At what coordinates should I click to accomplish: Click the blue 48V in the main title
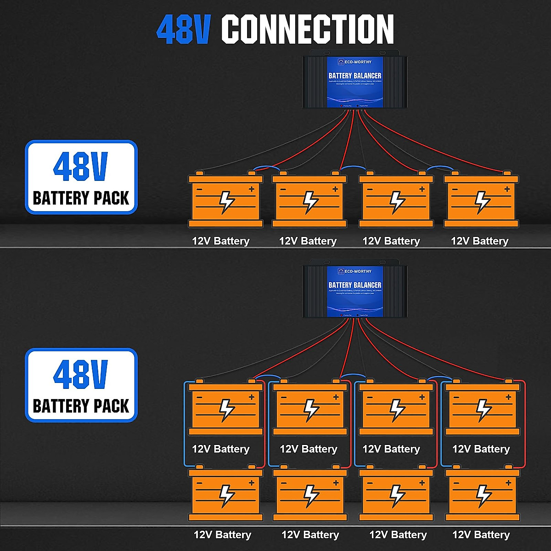pos(183,29)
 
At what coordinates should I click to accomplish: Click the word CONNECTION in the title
pos(308,29)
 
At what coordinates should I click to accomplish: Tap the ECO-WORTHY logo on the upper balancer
pos(354,62)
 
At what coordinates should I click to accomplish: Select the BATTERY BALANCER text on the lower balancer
pos(355,285)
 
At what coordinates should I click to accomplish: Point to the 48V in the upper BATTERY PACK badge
pos(80,167)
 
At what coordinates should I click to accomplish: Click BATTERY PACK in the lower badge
pos(81,406)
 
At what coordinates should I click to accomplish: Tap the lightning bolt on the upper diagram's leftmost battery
pos(226,202)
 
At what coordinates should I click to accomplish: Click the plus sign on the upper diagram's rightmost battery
pos(507,189)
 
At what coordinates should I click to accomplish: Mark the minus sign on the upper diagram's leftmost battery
pos(199,189)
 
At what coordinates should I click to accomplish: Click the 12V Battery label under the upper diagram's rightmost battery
pos(479,241)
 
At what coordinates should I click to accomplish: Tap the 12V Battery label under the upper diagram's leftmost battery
pos(220,241)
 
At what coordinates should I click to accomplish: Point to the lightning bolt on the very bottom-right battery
pos(483,495)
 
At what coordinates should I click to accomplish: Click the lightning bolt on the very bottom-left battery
pos(226,495)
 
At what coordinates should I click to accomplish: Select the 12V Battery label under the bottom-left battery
pos(222,535)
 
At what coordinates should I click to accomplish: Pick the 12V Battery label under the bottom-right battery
pos(481,535)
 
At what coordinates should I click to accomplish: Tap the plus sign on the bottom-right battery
pos(508,483)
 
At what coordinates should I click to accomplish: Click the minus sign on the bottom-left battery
pos(199,483)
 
